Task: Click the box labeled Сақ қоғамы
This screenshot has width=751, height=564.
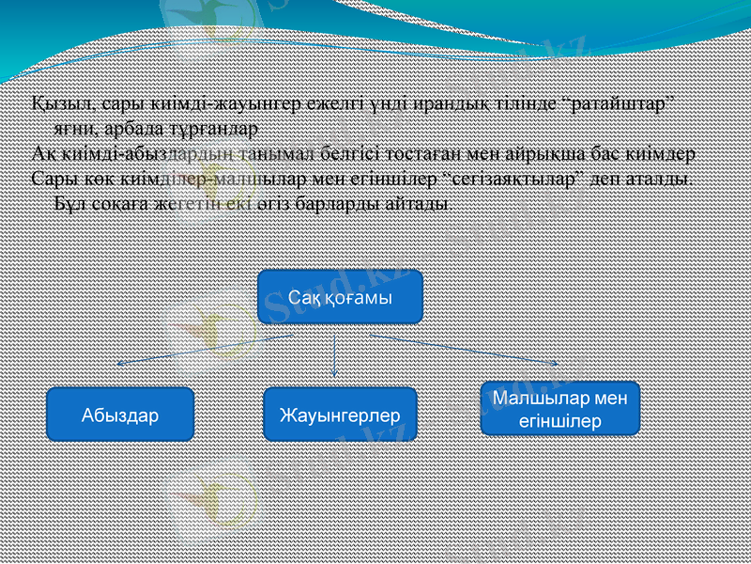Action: (x=340, y=296)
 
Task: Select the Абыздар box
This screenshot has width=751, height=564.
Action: (x=120, y=415)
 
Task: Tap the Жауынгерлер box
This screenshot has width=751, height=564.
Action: (x=339, y=415)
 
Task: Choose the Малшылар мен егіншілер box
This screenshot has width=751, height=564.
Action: (x=559, y=409)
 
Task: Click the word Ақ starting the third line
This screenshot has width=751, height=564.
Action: (x=43, y=152)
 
